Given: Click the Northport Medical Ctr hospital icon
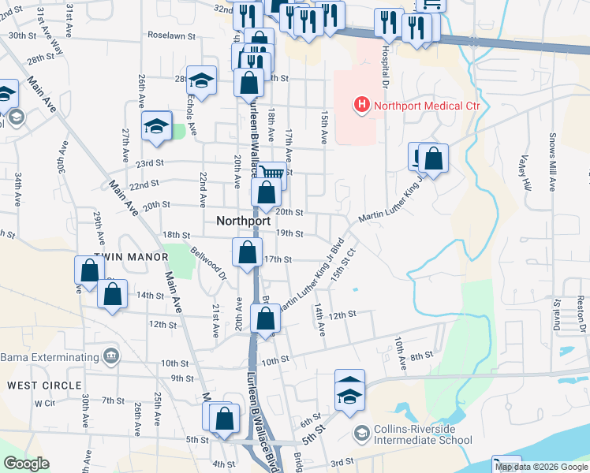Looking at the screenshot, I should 361,104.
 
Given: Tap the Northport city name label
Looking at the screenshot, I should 245,222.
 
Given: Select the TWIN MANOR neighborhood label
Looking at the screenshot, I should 131,257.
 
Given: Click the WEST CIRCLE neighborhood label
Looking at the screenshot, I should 44,385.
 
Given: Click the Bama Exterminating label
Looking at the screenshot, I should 47,357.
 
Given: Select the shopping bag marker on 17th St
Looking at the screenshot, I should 248,252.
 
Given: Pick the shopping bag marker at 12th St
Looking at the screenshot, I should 266,318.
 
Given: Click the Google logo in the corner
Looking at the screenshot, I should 26,464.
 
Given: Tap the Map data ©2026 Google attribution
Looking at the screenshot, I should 541,467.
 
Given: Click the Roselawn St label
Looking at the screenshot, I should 171,35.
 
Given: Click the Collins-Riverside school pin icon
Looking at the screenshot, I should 361,434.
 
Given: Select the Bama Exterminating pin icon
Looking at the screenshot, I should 110,356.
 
